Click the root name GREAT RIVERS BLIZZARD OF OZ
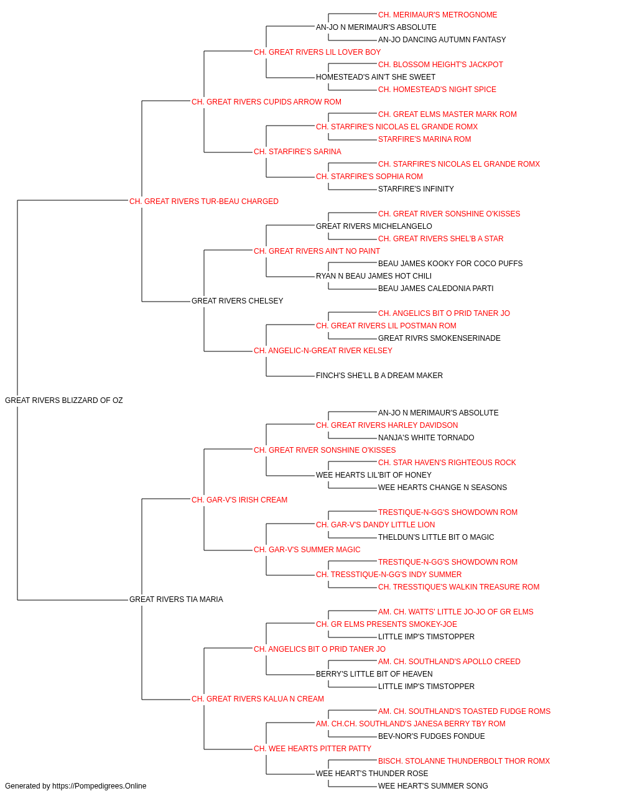click(63, 400)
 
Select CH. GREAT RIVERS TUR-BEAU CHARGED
click(203, 201)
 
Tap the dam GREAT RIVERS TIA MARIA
click(176, 599)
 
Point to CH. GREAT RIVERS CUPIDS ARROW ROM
click(266, 102)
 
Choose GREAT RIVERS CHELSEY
click(238, 301)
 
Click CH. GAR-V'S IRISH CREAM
click(239, 499)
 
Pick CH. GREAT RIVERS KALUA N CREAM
click(258, 699)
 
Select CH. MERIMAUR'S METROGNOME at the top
click(438, 15)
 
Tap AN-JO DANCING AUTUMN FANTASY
click(442, 40)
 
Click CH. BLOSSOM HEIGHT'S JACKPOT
click(440, 65)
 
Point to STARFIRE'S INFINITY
click(416, 189)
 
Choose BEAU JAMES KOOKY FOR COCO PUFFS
click(450, 264)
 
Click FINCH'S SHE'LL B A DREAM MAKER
click(379, 376)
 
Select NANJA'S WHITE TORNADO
click(427, 438)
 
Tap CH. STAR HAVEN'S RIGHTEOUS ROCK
click(447, 463)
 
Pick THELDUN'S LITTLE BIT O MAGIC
click(436, 537)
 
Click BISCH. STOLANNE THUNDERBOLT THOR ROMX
click(464, 761)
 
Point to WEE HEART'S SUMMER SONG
click(433, 786)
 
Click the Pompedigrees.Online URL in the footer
click(100, 786)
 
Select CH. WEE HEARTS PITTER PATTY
click(313, 749)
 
